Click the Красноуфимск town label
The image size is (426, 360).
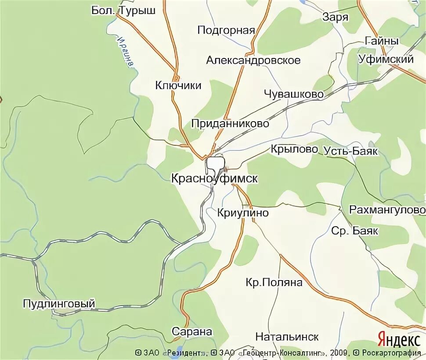point(214,178)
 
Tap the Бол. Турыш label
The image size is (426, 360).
point(123,10)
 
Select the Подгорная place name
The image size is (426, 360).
point(226,30)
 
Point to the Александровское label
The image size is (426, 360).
point(253,60)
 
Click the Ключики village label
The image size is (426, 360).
point(178,85)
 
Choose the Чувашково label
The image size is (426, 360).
point(294,94)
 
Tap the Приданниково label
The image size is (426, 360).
point(230,124)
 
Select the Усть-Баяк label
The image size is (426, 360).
point(350,151)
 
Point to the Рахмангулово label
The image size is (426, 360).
point(387,210)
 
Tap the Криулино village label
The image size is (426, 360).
point(243,212)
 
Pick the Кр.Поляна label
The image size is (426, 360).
point(274,282)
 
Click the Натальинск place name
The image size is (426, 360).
point(287,337)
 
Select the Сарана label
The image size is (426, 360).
point(192,331)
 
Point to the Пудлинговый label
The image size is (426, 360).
point(59,303)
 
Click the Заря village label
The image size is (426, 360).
point(335,17)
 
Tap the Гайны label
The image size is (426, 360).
point(382,41)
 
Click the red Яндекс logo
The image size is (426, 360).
point(399,339)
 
